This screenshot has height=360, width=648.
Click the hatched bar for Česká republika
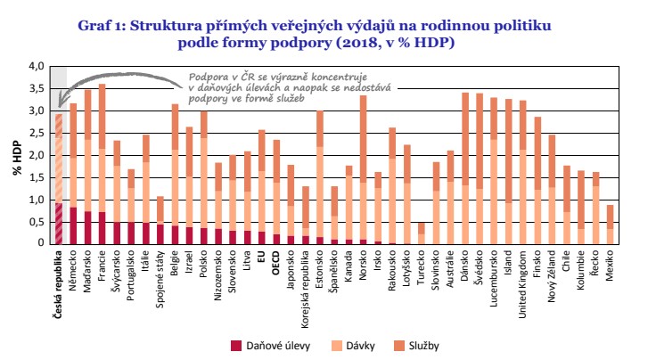tap(59, 178)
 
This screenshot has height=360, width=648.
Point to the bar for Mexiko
tap(611, 224)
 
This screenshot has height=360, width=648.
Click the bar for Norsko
tap(364, 169)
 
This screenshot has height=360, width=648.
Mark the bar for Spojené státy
tap(160, 219)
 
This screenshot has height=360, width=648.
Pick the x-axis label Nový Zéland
tap(553, 275)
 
